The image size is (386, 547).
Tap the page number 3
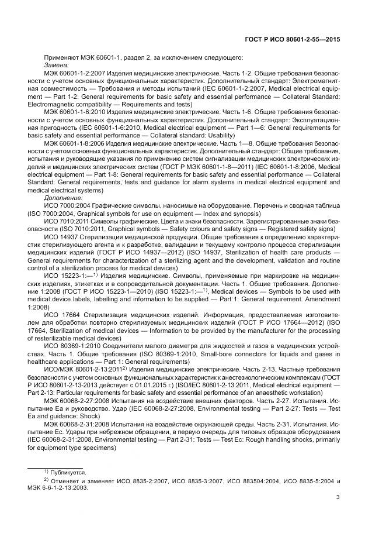point(338,498)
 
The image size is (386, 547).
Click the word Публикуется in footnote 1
point(69,472)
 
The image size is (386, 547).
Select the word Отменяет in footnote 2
point(67,482)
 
